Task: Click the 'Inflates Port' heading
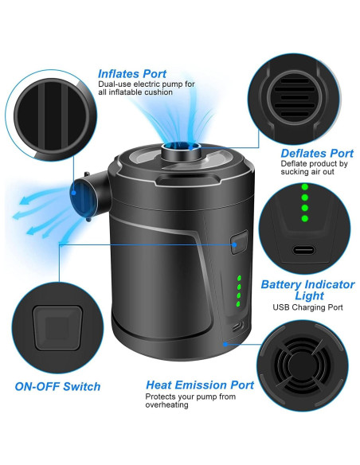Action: pyautogui.click(x=132, y=74)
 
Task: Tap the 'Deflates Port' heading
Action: pyautogui.click(x=317, y=153)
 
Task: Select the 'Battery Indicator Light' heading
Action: pyautogui.click(x=307, y=290)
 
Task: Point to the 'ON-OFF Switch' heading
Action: pyautogui.click(x=58, y=386)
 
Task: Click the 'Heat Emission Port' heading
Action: pyautogui.click(x=199, y=385)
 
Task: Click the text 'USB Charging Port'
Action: pyautogui.click(x=307, y=307)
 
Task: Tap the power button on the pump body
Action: pyautogui.click(x=237, y=244)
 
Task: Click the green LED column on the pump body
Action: pyautogui.click(x=238, y=291)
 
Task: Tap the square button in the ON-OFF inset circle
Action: pyautogui.click(x=58, y=327)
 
